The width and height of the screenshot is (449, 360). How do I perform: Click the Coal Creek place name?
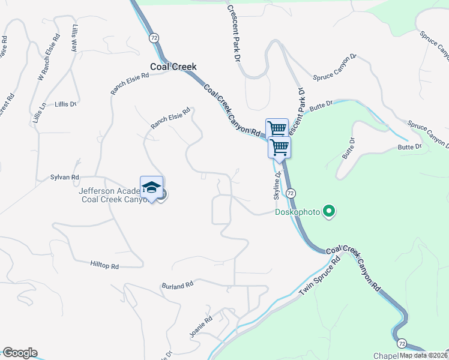[x=173, y=67]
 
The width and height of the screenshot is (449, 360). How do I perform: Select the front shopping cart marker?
[x=279, y=146]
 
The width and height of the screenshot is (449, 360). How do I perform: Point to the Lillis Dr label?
[x=65, y=104]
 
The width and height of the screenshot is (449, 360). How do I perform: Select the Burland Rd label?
[x=177, y=285]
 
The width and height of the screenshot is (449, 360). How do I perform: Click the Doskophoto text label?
[x=297, y=212]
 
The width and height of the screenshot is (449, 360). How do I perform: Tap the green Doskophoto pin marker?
[x=328, y=211]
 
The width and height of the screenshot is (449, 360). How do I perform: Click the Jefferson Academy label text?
[x=110, y=196]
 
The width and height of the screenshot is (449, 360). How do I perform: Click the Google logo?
[x=19, y=353]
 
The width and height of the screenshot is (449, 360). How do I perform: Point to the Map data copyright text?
[x=423, y=355]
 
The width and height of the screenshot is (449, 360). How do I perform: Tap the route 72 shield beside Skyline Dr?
[x=291, y=193]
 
